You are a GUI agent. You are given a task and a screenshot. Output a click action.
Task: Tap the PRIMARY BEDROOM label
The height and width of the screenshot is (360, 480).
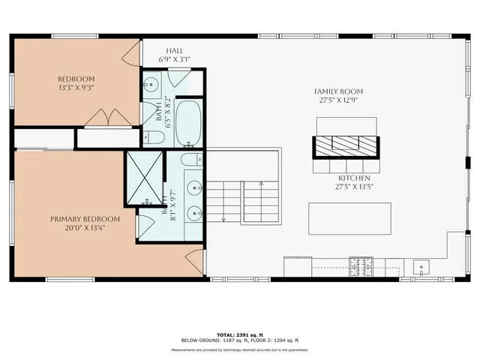click(77, 219)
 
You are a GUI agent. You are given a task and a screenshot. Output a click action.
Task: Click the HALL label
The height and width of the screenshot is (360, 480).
click(175, 50)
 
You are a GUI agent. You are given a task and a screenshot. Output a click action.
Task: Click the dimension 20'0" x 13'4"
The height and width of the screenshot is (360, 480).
click(77, 228)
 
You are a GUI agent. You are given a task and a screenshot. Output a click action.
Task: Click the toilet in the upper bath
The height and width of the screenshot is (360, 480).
click(149, 136)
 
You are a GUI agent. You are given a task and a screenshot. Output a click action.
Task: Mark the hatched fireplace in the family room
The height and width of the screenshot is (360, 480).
click(346, 144)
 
